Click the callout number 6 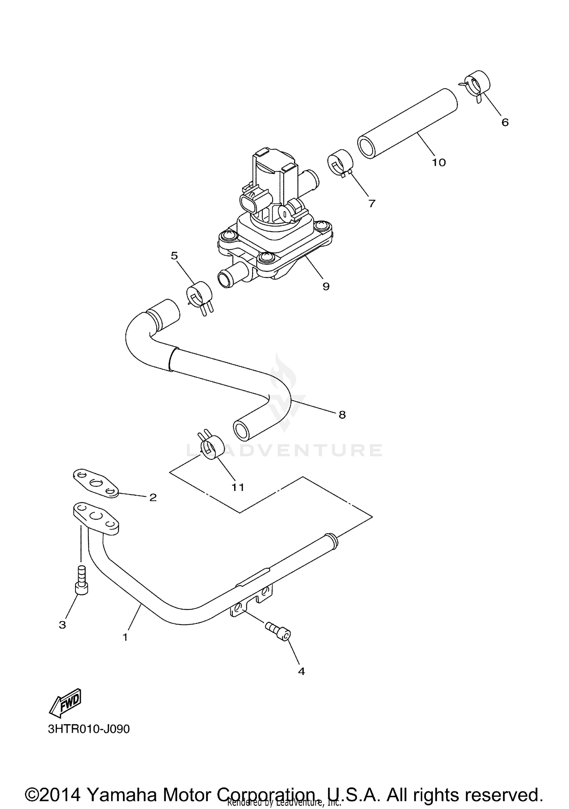point(505,122)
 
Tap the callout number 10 point(439,163)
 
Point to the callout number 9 point(326,286)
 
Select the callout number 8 point(342,415)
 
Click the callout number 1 point(125,637)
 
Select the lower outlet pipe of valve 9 point(232,276)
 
